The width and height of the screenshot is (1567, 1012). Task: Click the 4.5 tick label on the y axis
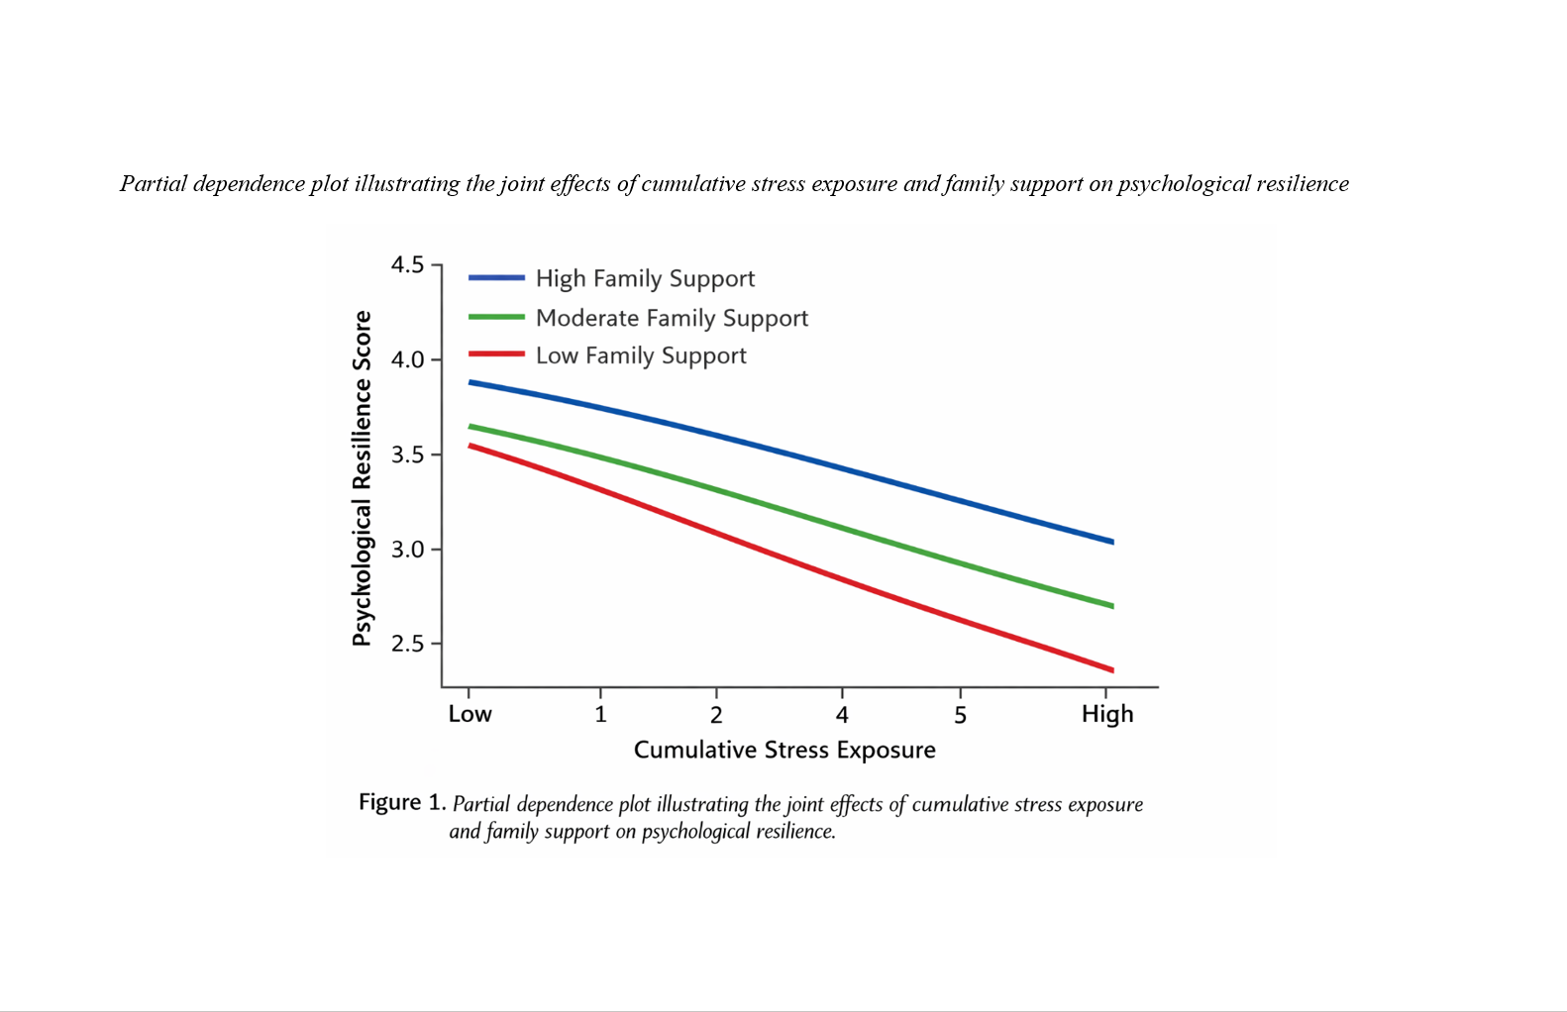(407, 265)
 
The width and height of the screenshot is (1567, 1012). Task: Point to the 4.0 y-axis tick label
(407, 360)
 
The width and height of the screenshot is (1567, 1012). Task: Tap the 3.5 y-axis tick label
(407, 455)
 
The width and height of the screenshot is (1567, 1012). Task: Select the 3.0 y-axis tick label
(407, 550)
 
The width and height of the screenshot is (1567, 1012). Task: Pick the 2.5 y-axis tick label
(407, 645)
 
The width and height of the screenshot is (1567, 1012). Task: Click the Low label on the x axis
(470, 714)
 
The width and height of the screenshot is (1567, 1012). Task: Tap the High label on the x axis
(1107, 714)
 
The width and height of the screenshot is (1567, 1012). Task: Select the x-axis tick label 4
(842, 715)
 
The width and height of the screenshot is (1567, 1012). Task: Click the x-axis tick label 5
(960, 715)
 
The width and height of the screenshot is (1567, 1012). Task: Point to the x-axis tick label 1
(600, 715)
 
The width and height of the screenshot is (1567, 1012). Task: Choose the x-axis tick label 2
(716, 715)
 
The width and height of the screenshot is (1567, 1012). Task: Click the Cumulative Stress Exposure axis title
(784, 751)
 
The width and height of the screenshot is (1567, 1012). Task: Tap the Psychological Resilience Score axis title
(363, 478)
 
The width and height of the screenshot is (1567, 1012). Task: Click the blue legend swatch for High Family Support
(496, 278)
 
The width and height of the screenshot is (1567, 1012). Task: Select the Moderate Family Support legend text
(672, 318)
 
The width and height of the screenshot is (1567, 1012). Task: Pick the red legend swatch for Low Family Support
(496, 354)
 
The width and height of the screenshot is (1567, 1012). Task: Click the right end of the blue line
(1112, 542)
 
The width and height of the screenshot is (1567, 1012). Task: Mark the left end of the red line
(470, 446)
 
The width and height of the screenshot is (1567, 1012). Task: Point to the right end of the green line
(1112, 606)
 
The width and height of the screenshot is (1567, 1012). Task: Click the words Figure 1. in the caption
(402, 802)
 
